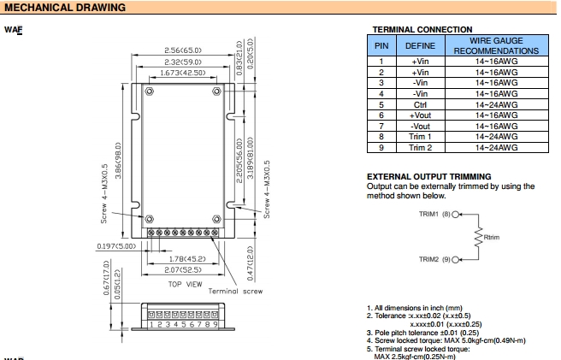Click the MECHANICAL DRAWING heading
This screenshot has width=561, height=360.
(65, 8)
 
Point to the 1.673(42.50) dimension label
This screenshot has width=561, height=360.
(181, 74)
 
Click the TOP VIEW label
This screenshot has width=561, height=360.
(185, 284)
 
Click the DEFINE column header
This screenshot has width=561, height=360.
(420, 44)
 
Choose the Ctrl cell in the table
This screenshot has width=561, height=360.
(420, 104)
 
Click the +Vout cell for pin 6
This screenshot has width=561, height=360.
(420, 115)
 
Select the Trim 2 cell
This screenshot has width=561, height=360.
(420, 147)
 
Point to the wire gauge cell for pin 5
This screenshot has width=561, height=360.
(496, 104)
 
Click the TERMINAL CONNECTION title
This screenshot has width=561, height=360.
(422, 29)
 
